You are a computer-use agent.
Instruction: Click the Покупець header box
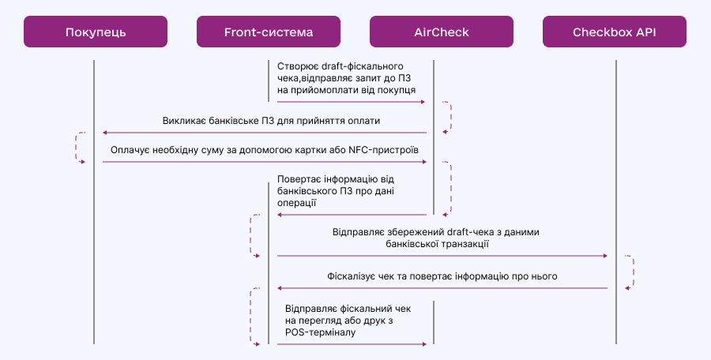coord(96,32)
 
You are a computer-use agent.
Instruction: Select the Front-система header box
coord(269,32)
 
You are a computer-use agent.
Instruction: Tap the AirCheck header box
coord(442,32)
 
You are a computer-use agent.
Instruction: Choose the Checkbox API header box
coord(615,32)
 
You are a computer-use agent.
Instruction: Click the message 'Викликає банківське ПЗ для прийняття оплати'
coord(271,121)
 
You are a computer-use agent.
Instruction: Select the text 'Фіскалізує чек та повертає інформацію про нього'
coord(442,276)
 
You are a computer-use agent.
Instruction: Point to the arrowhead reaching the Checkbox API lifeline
coord(604,256)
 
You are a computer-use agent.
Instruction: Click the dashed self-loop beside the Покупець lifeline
coord(80,148)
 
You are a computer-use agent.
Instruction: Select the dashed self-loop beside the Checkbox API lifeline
coord(631,272)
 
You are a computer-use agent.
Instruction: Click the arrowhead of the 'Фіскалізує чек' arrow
coord(280,288)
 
